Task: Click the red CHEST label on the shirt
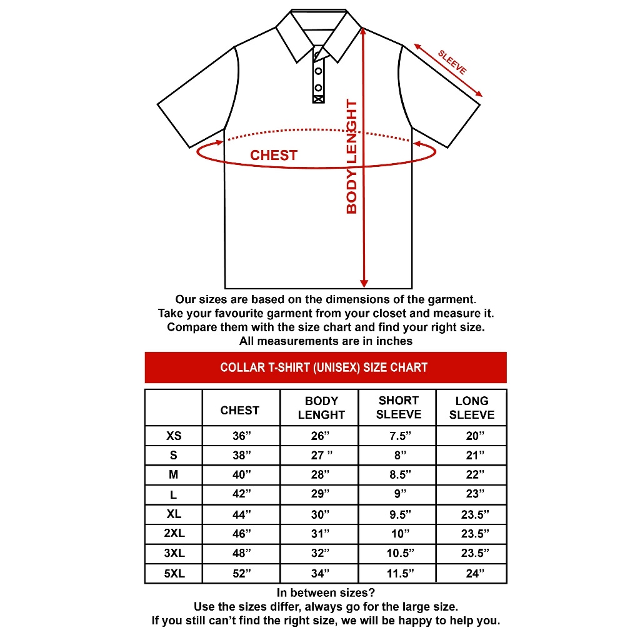274,156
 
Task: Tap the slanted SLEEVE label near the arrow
452,62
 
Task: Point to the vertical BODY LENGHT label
352,157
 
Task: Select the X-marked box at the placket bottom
318,97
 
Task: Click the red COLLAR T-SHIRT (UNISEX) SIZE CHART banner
325,367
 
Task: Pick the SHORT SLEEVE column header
398,407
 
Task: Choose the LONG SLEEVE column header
472,407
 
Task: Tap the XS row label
174,436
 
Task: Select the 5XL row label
174,573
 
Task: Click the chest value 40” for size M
242,475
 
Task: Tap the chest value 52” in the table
242,574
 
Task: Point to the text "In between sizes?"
326,592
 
